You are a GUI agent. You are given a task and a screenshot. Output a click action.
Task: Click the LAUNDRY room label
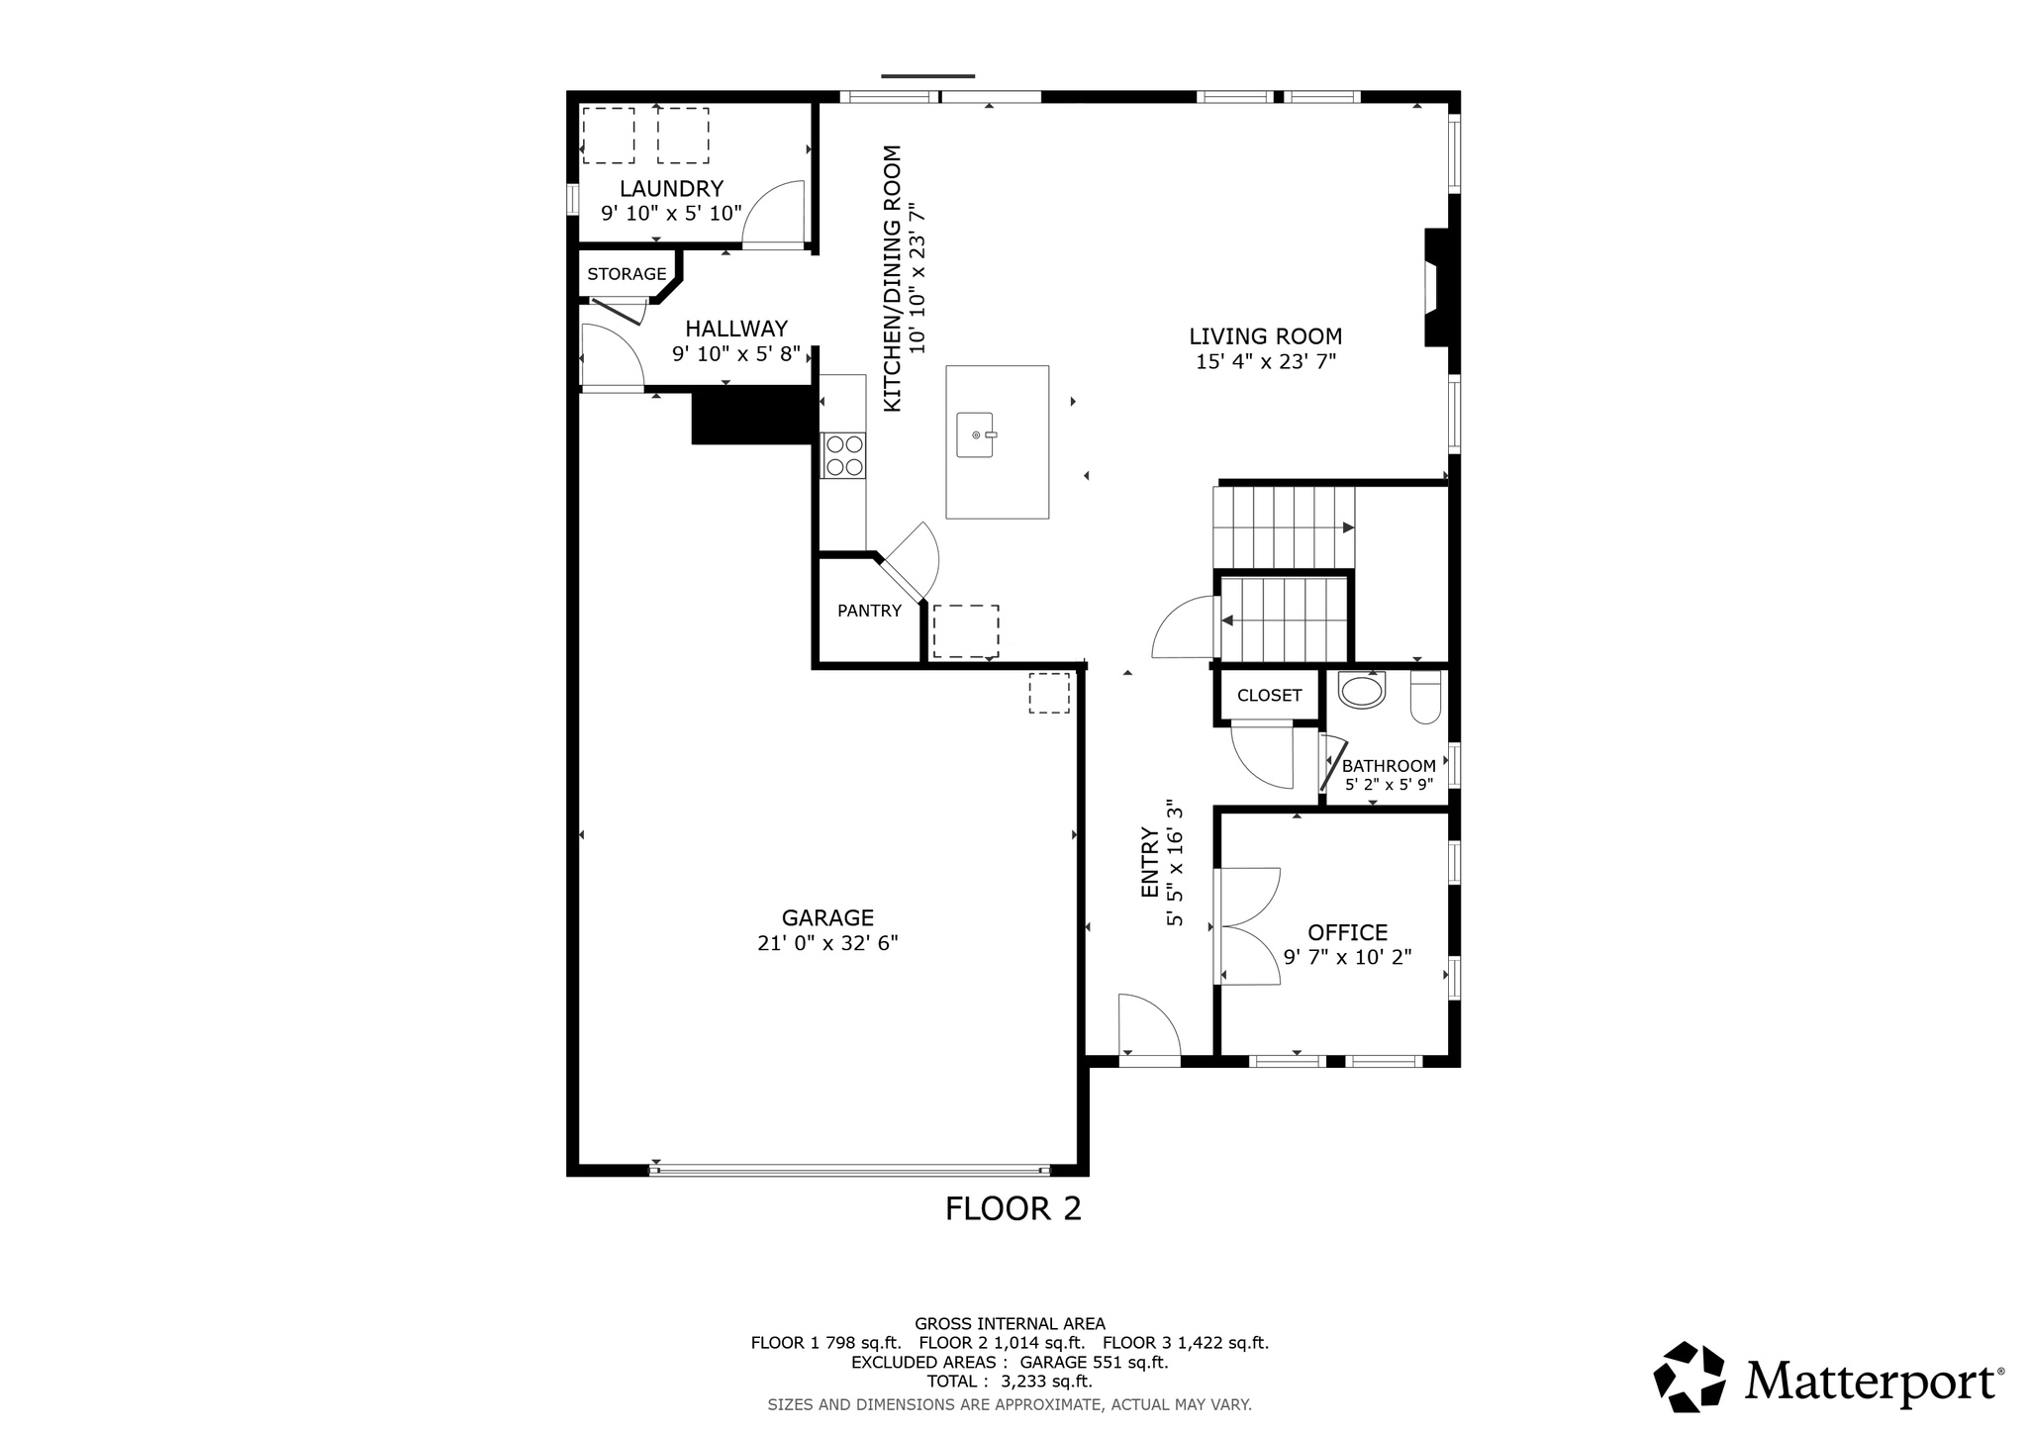671,188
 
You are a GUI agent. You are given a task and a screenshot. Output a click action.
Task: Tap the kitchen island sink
976,435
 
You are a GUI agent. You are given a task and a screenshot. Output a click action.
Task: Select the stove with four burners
843,455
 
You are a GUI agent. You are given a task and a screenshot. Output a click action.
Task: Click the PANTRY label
869,611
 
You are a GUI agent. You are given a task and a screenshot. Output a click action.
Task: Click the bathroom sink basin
1363,690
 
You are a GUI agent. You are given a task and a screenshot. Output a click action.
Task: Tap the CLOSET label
1269,696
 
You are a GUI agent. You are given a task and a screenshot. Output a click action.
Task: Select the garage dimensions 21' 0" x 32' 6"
827,943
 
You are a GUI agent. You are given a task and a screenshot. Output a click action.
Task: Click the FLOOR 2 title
1013,1208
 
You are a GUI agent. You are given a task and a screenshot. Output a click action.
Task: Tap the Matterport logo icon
1689,1376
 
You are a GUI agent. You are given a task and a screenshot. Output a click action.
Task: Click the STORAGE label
627,274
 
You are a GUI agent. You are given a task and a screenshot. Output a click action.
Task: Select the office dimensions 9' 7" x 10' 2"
1347,957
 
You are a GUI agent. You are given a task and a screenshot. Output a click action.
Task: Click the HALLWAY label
736,329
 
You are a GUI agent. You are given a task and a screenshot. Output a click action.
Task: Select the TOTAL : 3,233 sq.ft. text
1009,1382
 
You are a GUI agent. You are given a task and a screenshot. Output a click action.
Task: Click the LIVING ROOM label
1265,336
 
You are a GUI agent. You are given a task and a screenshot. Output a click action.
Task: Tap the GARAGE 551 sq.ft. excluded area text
1094,1362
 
